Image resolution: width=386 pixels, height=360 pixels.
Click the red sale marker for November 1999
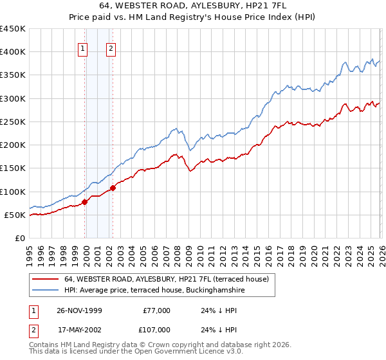(x=85, y=202)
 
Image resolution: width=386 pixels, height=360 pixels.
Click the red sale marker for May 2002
(x=113, y=188)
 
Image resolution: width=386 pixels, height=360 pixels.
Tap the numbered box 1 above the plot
(x=84, y=50)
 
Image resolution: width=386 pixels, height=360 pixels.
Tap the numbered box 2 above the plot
(x=111, y=50)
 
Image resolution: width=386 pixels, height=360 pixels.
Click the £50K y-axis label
(x=15, y=215)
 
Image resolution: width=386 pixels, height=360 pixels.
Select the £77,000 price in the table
(x=156, y=310)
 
